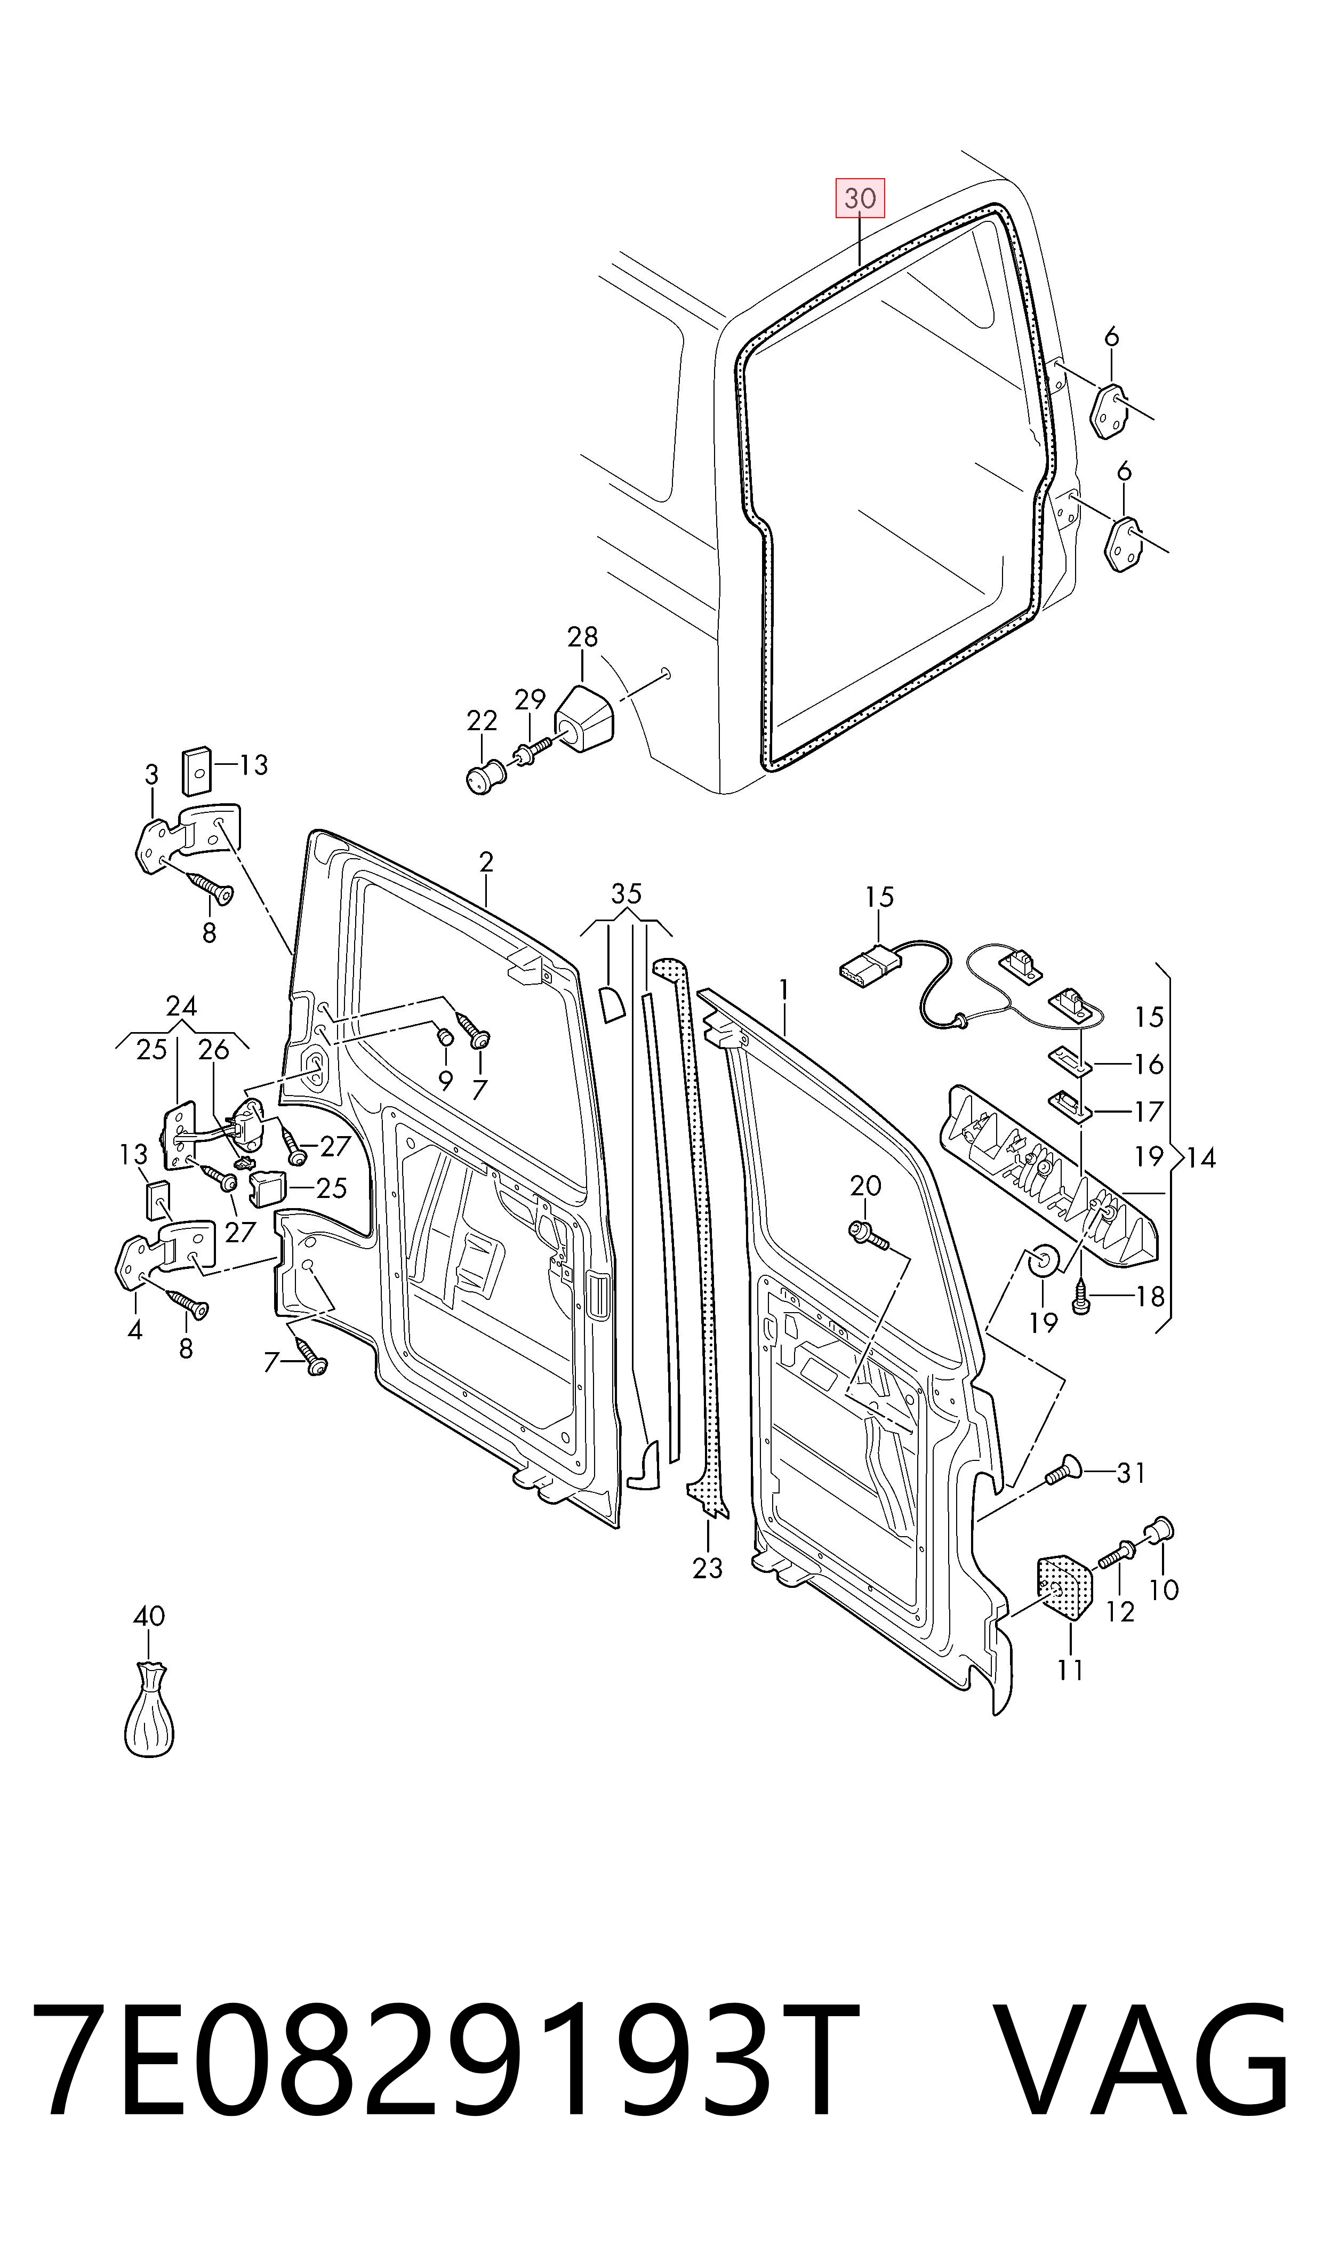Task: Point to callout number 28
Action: pos(582,636)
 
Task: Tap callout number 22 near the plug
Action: pos(482,721)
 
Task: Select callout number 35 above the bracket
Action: pos(627,893)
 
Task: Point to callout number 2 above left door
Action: pos(486,862)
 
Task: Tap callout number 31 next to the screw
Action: pos(1132,1473)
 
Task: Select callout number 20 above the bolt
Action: pos(865,1186)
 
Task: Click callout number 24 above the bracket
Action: pos(181,1006)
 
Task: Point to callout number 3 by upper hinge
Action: pos(151,775)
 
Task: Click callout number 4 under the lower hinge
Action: pos(134,1330)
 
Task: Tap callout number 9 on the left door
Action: pos(446,1081)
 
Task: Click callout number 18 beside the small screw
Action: pos(1150,1296)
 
